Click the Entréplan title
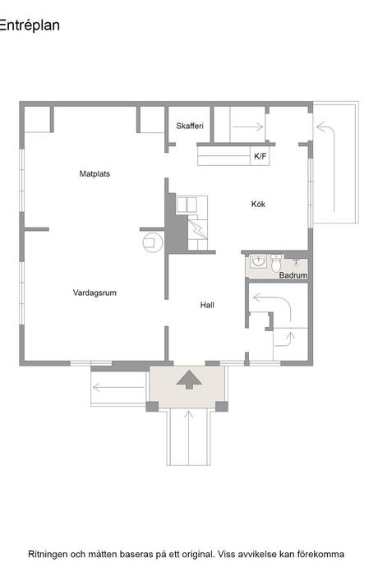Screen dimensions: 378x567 30,25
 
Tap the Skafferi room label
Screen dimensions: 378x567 190,126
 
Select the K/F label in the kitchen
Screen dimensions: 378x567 260,156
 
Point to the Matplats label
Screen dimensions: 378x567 94,174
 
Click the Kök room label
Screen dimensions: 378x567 258,204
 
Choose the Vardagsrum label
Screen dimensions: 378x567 94,293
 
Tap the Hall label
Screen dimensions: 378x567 207,305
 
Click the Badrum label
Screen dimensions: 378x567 293,275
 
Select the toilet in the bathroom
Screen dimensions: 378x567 276,263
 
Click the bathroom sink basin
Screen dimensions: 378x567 259,260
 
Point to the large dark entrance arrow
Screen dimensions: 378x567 189,380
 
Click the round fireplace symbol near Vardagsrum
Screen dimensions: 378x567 152,242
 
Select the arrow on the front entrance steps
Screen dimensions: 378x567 188,436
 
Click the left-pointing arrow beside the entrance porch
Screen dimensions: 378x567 118,388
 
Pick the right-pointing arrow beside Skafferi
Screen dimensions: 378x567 247,127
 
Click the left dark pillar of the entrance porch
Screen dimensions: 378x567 152,406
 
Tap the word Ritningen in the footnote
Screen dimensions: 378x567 48,555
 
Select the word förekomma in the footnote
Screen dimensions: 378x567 320,554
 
